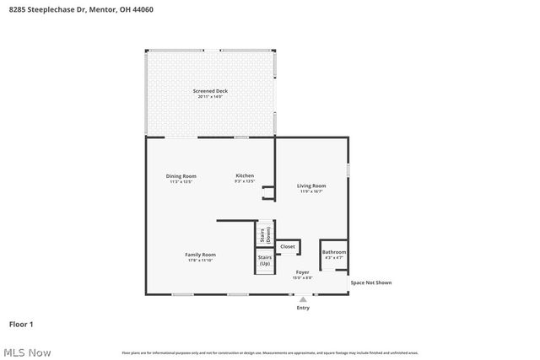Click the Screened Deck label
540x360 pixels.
click(x=210, y=91)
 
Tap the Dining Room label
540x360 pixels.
click(x=182, y=175)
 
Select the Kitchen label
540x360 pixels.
click(x=245, y=175)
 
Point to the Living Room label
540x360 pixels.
click(x=310, y=185)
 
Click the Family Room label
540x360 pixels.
click(x=201, y=255)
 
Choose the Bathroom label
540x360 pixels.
click(x=334, y=252)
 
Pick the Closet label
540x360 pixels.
click(x=288, y=246)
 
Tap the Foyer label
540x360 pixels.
click(x=302, y=272)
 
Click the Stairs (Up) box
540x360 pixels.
click(x=264, y=261)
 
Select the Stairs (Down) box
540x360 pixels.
click(x=264, y=232)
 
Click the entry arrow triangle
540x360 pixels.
click(x=303, y=298)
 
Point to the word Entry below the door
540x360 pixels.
click(x=303, y=308)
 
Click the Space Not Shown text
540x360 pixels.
click(x=371, y=282)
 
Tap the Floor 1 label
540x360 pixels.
click(x=21, y=324)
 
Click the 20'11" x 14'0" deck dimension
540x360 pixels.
click(x=210, y=97)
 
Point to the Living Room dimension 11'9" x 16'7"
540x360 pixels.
click(x=310, y=191)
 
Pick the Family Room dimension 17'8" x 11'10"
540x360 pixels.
click(x=201, y=261)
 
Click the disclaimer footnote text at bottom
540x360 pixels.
click(x=270, y=352)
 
